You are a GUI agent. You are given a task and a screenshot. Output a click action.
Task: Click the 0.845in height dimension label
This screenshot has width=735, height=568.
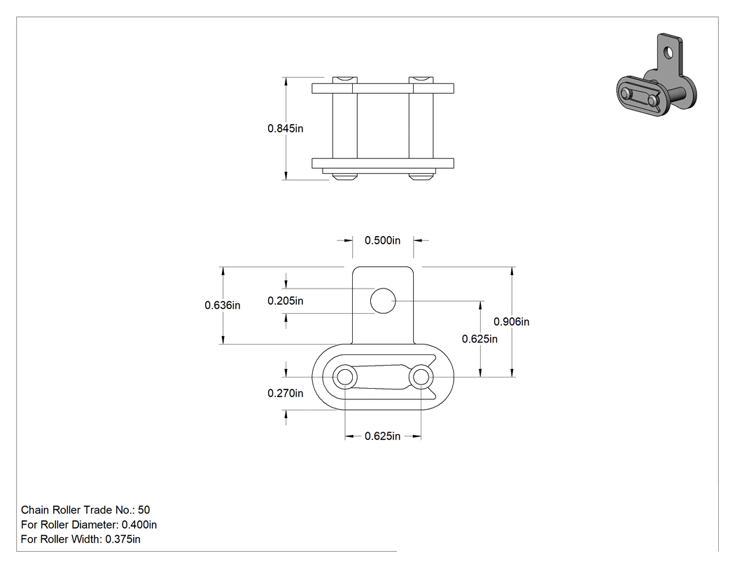coord(285,128)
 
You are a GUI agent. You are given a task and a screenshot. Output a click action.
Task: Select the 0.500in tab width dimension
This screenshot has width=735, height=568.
coord(382,240)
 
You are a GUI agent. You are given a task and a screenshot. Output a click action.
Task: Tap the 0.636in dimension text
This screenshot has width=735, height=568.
coord(222,305)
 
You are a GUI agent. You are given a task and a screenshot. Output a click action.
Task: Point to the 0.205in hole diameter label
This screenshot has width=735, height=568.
coord(285,300)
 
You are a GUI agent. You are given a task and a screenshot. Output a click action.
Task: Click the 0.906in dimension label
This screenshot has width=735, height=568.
coord(512,321)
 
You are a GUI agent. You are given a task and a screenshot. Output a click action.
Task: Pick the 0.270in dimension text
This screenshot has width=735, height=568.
coord(285,393)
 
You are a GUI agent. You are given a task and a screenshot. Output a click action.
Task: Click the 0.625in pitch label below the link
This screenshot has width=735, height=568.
coord(382,436)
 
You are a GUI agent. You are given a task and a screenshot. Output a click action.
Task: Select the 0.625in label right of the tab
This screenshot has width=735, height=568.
coord(479,339)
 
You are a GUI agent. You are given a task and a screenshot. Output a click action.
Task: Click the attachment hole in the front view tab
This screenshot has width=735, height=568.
coord(383,300)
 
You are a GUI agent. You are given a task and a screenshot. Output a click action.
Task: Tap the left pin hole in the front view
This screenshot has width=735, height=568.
coord(345,377)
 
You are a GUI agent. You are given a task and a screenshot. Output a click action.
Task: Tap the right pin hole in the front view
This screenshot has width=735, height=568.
coord(421,377)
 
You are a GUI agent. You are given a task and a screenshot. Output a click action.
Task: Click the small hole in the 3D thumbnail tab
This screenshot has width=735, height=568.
coord(668,53)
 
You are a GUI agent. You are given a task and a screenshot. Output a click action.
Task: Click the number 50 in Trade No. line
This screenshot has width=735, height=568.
coord(144,510)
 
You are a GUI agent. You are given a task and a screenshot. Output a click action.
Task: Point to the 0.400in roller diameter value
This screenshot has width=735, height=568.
coord(139,525)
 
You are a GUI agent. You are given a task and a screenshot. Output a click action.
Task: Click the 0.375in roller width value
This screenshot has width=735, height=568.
coord(122,539)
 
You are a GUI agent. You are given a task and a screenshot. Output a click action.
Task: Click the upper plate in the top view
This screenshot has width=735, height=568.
coord(382,88)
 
